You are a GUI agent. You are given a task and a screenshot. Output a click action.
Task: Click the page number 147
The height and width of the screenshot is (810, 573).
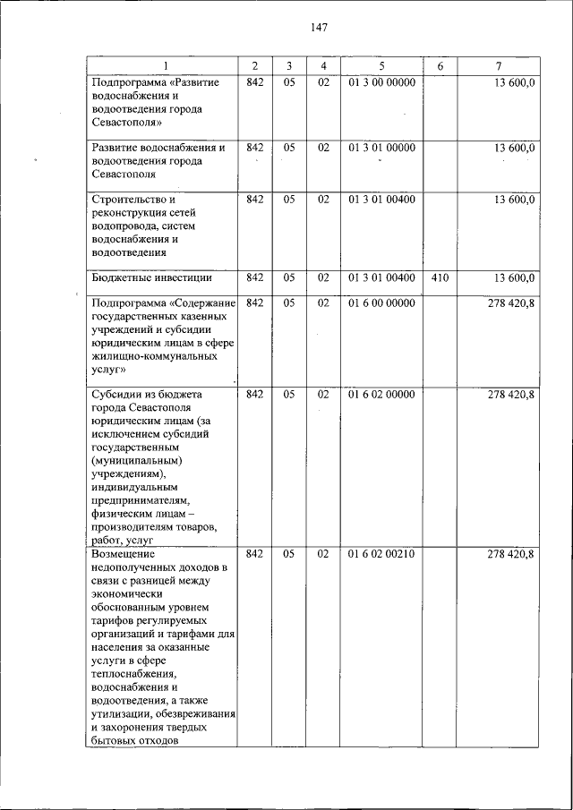pyautogui.click(x=319, y=27)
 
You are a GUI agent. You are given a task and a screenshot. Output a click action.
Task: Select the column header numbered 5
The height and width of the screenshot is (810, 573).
pyautogui.click(x=382, y=66)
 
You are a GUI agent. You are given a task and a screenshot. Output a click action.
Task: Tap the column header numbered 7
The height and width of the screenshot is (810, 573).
pyautogui.click(x=498, y=66)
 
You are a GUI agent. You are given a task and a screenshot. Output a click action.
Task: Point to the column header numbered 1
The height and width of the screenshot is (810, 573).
pyautogui.click(x=164, y=66)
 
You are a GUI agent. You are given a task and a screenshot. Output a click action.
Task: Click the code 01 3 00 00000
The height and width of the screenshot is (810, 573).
pyautogui.click(x=382, y=82)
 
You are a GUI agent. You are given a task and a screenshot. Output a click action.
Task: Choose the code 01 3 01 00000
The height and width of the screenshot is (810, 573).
pyautogui.click(x=382, y=148)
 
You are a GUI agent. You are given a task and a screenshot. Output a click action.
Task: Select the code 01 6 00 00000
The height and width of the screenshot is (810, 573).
pyautogui.click(x=382, y=303)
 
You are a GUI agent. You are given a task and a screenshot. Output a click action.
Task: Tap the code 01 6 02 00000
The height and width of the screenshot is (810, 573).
pyautogui.click(x=382, y=395)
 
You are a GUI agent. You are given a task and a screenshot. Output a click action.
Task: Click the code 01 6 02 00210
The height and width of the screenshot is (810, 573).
pyautogui.click(x=382, y=555)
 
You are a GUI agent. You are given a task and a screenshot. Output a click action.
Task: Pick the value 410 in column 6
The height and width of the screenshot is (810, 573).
pyautogui.click(x=440, y=278)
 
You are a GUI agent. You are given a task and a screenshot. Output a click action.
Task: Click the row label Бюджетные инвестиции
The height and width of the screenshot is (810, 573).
pyautogui.click(x=151, y=278)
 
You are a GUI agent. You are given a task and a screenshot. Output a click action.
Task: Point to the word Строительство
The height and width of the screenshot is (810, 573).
pyautogui.click(x=129, y=200)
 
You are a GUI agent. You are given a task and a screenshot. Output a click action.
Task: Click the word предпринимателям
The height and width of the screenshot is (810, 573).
pyautogui.click(x=141, y=500)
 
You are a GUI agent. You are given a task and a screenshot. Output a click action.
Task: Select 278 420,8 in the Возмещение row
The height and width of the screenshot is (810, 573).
pyautogui.click(x=510, y=555)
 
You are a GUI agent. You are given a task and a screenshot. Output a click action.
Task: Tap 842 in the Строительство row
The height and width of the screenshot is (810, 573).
pyautogui.click(x=254, y=200)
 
